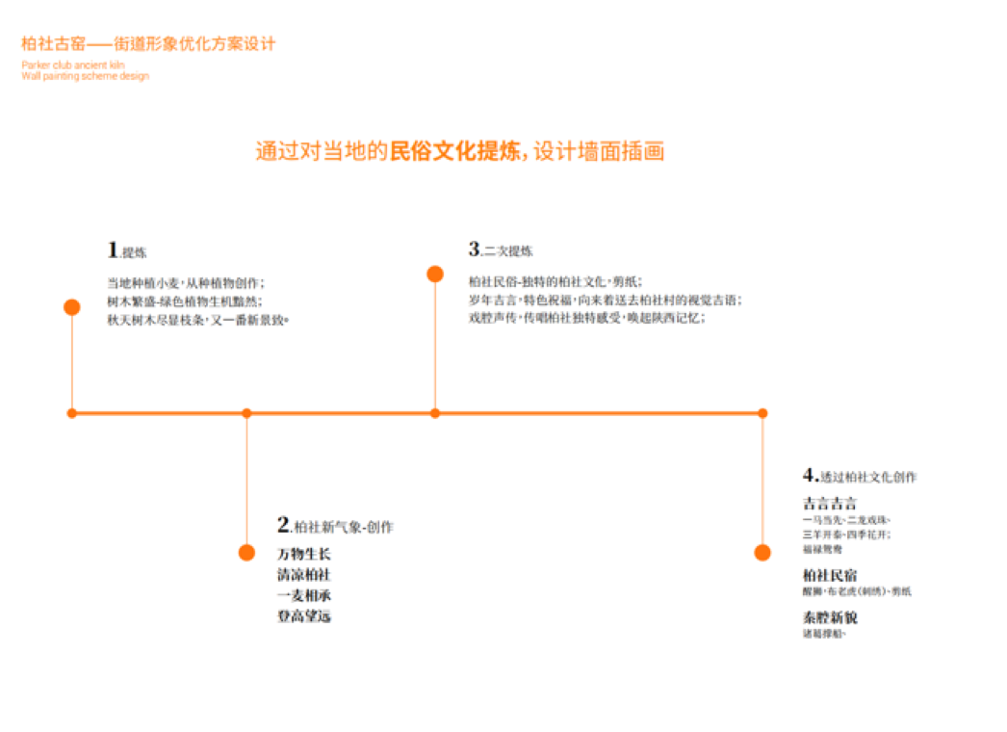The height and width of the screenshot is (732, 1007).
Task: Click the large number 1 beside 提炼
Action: tap(113, 250)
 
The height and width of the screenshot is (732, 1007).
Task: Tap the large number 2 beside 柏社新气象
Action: tap(284, 525)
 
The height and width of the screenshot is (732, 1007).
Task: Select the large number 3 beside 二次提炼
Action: tap(475, 249)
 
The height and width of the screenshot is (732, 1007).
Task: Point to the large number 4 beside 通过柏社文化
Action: tap(810, 475)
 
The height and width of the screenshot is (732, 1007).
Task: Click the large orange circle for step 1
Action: tap(71, 307)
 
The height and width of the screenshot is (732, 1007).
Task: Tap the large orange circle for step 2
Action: tap(246, 552)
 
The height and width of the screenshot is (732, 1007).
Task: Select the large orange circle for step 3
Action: tap(435, 274)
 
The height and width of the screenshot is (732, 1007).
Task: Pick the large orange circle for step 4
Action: tap(762, 552)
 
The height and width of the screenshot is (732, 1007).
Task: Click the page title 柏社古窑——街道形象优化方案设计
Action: tap(148, 44)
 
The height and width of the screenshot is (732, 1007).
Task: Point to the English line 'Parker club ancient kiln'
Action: tap(73, 65)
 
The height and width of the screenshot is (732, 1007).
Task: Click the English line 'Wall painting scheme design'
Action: tap(85, 76)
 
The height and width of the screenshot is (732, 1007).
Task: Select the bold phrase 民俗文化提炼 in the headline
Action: tap(455, 152)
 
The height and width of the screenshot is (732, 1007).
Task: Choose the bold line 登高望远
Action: tap(304, 616)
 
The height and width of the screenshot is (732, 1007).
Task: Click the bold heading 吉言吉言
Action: tap(830, 504)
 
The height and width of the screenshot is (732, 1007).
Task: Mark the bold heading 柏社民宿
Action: tap(830, 576)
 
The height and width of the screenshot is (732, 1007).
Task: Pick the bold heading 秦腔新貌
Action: tap(830, 617)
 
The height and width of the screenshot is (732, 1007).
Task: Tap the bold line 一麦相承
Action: tap(304, 596)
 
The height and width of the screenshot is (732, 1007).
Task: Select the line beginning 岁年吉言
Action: tap(605, 301)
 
